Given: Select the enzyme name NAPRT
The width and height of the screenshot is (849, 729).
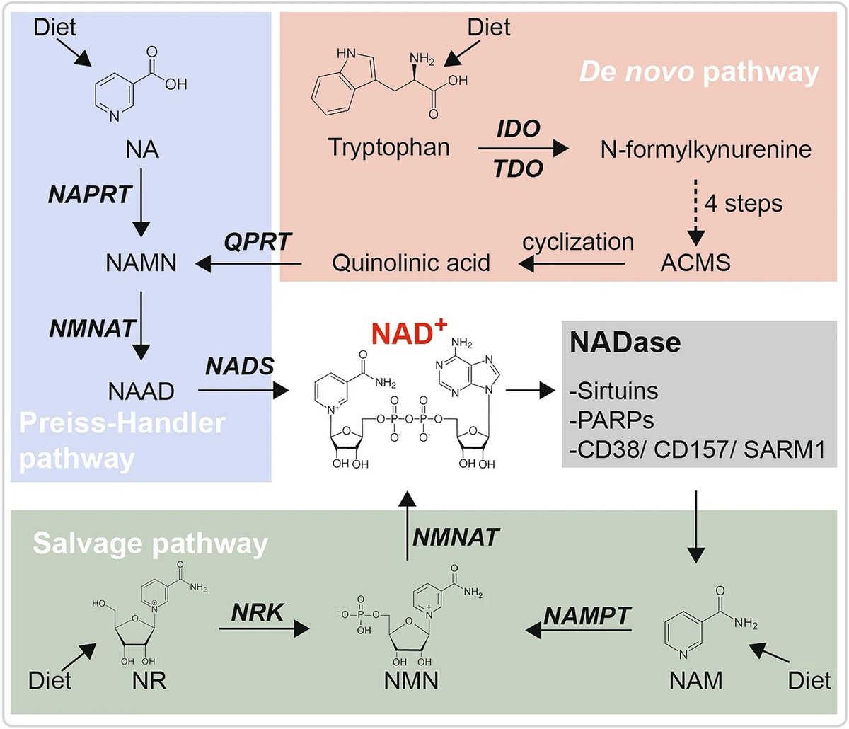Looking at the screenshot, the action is [90, 195].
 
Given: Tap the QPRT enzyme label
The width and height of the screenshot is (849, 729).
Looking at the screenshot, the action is [258, 241].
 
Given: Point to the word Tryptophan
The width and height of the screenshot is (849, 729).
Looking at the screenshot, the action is [388, 147].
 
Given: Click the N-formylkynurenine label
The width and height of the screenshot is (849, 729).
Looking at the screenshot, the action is [705, 149].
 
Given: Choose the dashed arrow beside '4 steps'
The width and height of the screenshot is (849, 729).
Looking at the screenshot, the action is [695, 212].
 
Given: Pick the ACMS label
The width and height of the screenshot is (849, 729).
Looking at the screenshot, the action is [695, 263].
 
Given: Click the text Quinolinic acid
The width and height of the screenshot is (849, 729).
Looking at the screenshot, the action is [411, 263].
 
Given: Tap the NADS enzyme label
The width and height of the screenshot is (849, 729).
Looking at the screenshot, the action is [239, 366].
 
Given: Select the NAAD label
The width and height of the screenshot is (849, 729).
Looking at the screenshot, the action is [141, 391].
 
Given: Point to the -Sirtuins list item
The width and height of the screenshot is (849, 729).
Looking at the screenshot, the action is [613, 391].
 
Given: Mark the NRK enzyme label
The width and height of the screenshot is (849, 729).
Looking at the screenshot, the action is [257, 613].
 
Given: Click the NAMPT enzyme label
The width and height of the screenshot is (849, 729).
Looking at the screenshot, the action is [587, 615].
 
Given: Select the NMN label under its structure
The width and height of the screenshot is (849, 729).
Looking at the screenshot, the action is [411, 680].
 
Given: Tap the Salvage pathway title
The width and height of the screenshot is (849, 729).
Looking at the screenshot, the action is [150, 545].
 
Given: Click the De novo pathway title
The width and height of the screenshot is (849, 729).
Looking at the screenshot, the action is [699, 73].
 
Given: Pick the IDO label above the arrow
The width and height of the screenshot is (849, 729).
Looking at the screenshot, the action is [519, 129].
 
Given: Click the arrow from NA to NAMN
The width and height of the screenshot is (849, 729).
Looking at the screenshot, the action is [141, 202].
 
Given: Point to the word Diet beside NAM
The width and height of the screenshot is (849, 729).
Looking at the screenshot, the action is [809, 680].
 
